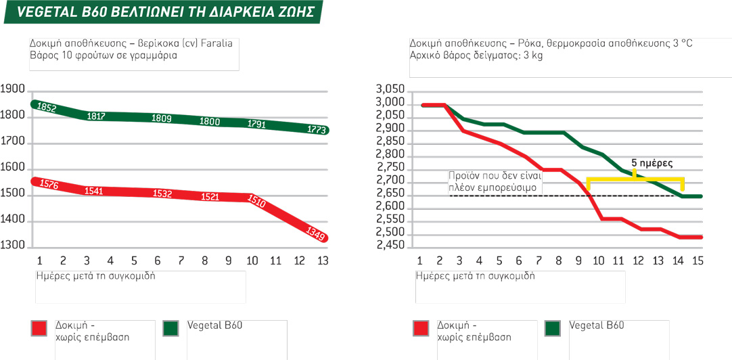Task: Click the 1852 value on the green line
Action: click(x=47, y=108)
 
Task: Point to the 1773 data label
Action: click(x=317, y=129)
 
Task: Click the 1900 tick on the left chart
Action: click(x=13, y=89)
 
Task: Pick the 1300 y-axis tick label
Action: click(x=13, y=245)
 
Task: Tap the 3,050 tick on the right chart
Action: click(x=389, y=90)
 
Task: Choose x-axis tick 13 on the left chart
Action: click(x=322, y=261)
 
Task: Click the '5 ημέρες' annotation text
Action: click(x=651, y=164)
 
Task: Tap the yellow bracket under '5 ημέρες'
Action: click(x=635, y=179)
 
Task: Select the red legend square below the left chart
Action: click(x=39, y=329)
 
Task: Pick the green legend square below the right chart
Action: click(x=553, y=329)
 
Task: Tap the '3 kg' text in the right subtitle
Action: click(x=533, y=55)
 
